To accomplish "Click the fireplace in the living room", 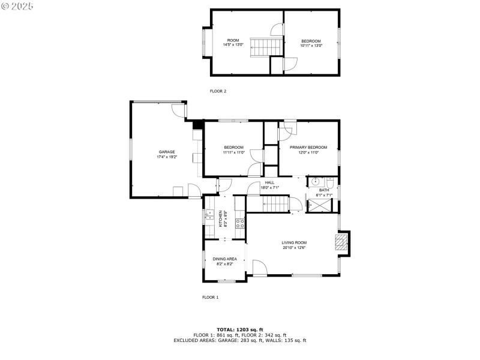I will pyautogui.click(x=341, y=242).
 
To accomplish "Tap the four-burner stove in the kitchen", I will pyautogui.click(x=239, y=223).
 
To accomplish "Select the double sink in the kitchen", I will pyautogui.click(x=209, y=216).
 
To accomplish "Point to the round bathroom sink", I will pyautogui.click(x=314, y=183).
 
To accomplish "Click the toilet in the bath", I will pyautogui.click(x=330, y=182).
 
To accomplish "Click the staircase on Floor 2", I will pyautogui.click(x=261, y=46).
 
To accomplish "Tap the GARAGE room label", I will pyautogui.click(x=167, y=152).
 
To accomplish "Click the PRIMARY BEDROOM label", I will pyautogui.click(x=308, y=147).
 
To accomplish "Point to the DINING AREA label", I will pyautogui.click(x=224, y=259).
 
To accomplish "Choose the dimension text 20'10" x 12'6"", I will pyautogui.click(x=294, y=247).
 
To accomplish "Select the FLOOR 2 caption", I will pyautogui.click(x=218, y=91).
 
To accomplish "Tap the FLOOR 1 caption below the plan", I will pyautogui.click(x=210, y=297).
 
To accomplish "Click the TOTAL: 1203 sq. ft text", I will pyautogui.click(x=239, y=329).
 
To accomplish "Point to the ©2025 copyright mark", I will pyautogui.click(x=18, y=5).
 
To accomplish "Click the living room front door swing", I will pyautogui.click(x=259, y=268).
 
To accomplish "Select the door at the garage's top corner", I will pyautogui.click(x=179, y=110).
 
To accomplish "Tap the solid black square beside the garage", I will pyautogui.click(x=196, y=125).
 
